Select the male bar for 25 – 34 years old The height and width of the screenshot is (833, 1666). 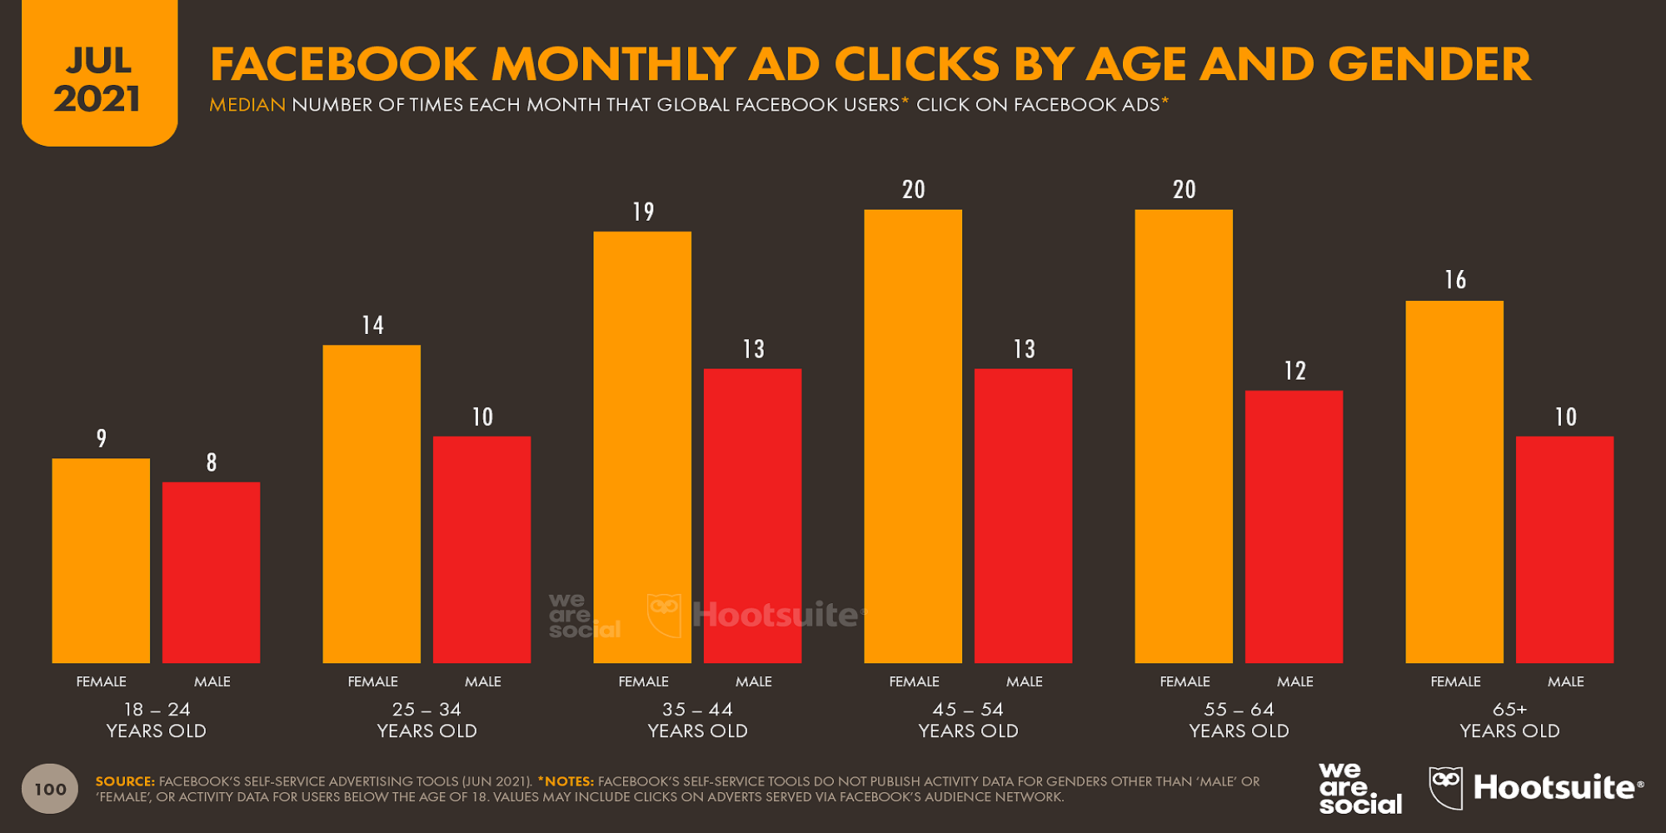(x=481, y=549)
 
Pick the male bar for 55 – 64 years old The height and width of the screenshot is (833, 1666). (x=1294, y=526)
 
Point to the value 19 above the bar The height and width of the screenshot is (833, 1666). (x=643, y=212)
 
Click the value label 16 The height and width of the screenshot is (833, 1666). (x=1455, y=280)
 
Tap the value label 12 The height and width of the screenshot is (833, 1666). (x=1294, y=371)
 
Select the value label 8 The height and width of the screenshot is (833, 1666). (x=212, y=462)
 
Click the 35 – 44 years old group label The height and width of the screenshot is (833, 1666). (x=697, y=720)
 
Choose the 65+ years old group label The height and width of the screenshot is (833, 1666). (x=1509, y=720)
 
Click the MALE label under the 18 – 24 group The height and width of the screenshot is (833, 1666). (x=212, y=681)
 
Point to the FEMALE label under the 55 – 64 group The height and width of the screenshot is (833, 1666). (x=1185, y=681)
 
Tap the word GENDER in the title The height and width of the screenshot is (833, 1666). (x=1429, y=64)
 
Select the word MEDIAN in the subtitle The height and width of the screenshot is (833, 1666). (x=247, y=105)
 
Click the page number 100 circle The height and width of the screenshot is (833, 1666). (x=50, y=789)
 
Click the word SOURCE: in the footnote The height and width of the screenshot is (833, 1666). (x=125, y=781)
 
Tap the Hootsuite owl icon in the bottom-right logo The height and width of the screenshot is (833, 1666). (x=1446, y=787)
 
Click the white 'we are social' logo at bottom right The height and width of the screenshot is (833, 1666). (x=1359, y=788)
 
